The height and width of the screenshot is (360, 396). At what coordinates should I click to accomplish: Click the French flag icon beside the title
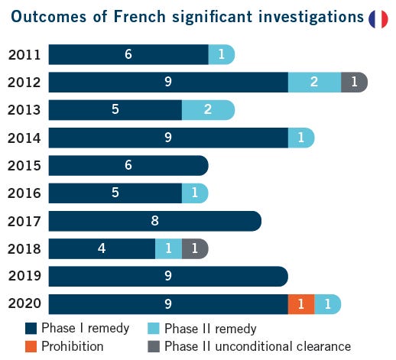pos(378,19)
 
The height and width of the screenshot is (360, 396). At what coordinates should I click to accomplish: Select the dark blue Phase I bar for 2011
pos(128,54)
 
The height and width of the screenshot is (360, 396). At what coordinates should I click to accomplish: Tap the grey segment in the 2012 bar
pos(354,82)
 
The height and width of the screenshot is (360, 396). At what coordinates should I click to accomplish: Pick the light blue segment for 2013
pos(208,110)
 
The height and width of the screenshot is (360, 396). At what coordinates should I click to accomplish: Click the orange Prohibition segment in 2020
pos(300,304)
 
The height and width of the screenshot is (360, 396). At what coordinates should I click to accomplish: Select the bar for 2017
pos(154,221)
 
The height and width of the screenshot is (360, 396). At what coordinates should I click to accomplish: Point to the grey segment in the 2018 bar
pos(195,248)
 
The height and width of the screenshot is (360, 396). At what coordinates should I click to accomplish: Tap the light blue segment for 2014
pos(301,138)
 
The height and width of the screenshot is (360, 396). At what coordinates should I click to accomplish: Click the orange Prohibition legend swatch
pos(31,346)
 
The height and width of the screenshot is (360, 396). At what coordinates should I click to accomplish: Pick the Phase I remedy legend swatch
pos(31,329)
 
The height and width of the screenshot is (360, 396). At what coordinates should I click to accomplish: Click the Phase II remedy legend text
pos(210,329)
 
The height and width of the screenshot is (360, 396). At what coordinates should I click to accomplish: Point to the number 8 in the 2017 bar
pos(154,221)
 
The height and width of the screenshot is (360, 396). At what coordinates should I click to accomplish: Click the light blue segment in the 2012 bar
pos(314,82)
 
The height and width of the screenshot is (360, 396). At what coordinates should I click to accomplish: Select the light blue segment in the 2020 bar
pos(327,304)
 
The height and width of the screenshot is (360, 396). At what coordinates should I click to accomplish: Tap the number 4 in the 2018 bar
pos(102,248)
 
